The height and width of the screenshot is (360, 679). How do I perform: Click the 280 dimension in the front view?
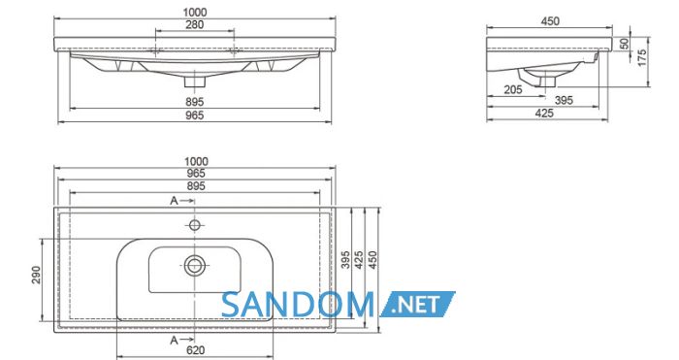pos(194,25)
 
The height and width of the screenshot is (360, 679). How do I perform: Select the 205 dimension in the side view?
pos(513,89)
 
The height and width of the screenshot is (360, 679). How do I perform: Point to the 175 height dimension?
pos(642,57)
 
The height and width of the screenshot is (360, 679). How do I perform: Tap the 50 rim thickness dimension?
pos(624,44)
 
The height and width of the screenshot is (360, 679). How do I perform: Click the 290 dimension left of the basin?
pos(36,275)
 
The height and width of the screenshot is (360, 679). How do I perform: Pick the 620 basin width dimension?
pos(195,350)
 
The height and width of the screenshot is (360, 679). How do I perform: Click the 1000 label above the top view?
pos(196,162)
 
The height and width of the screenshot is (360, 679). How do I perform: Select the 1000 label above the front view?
pos(194,13)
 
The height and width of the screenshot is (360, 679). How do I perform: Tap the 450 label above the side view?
pos(550,20)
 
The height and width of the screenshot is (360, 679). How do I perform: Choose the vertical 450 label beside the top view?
pos(372,260)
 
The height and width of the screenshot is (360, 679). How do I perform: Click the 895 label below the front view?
pos(194,102)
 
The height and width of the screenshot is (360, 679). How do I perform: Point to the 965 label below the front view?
pos(194,115)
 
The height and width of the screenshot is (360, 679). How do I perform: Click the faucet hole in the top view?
pos(194,225)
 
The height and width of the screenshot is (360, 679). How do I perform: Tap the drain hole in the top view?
pos(194,265)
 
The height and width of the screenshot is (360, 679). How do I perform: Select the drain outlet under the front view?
pos(194,82)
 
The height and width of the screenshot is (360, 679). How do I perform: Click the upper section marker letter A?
pos(174,201)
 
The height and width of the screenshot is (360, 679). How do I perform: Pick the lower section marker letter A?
pos(174,341)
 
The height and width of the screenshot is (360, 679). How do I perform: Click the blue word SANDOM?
pos(297,305)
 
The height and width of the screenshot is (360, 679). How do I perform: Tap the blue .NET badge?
pos(417,304)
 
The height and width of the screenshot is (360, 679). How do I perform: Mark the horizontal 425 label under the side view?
pos(544,114)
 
